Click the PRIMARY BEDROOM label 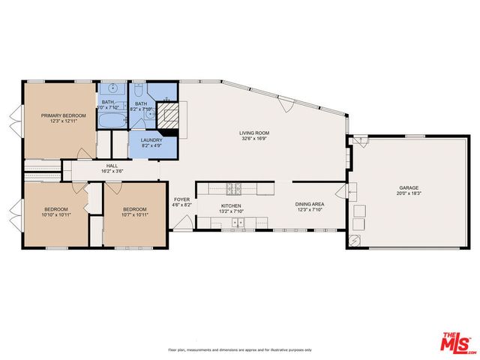[x=64, y=115]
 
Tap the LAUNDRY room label [x=151, y=139]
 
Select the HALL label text [x=112, y=166]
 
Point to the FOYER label [x=182, y=199]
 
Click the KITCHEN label [x=231, y=205]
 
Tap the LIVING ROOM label [x=255, y=133]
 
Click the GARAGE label [x=409, y=187]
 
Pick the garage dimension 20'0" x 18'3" [x=409, y=193]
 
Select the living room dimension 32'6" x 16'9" [x=255, y=139]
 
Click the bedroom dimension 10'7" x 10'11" [x=135, y=214]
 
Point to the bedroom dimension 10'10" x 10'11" [x=56, y=214]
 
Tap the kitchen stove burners [x=233, y=187]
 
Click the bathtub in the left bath [x=113, y=121]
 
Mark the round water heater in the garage [x=355, y=240]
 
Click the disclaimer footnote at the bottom [x=240, y=350]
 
